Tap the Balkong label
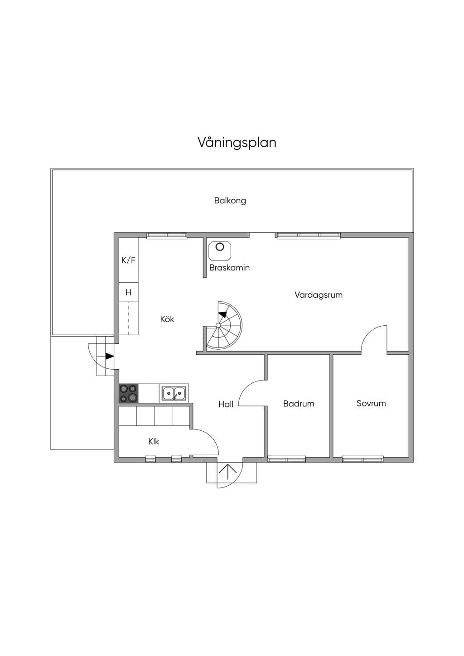[230, 201]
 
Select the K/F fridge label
[129, 260]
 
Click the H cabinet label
[128, 292]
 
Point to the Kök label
[167, 319]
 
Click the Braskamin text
[229, 268]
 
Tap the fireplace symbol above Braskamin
[220, 251]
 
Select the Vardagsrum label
[319, 294]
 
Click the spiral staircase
[224, 325]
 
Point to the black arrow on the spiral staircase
[222, 314]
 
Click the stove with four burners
[129, 393]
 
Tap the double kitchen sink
[174, 393]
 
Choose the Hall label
[226, 405]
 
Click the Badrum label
[299, 404]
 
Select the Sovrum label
[371, 403]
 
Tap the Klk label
[154, 441]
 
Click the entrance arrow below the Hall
[227, 471]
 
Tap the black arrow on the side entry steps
[110, 356]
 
